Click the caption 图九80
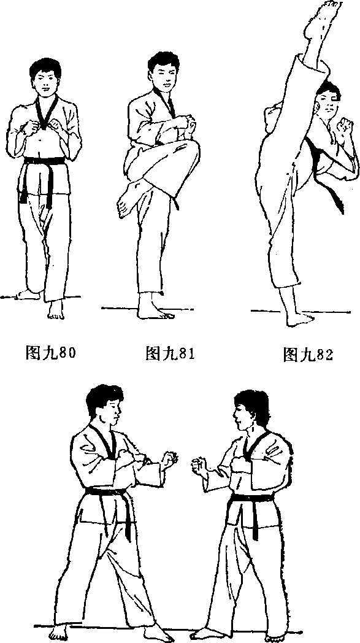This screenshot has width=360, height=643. point(50,352)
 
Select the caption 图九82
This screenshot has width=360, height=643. point(308,355)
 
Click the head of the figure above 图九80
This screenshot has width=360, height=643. point(45,77)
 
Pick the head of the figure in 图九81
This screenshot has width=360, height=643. point(163,71)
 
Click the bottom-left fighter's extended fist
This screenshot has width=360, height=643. point(169,460)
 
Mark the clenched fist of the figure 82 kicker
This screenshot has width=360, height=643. point(343,125)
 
